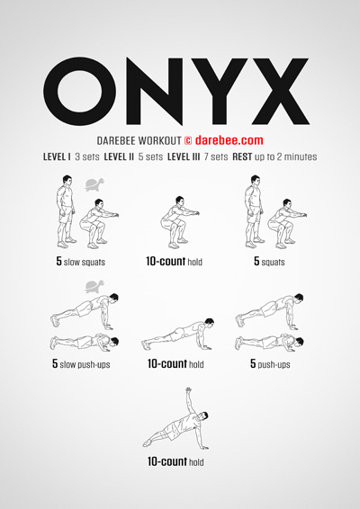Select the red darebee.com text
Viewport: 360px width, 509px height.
coord(229,140)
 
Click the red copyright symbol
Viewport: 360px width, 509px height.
coord(188,140)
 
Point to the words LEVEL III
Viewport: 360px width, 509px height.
coord(184,157)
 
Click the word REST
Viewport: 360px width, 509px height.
coord(242,157)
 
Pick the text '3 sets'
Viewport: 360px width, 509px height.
coord(87,157)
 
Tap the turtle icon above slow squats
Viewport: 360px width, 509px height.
coord(94,184)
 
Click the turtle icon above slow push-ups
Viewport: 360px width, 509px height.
coord(94,287)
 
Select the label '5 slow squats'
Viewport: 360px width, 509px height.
coord(81,262)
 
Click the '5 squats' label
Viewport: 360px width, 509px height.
coord(269,262)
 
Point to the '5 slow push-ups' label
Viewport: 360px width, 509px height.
coord(81,364)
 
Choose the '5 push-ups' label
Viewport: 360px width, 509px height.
coord(270,364)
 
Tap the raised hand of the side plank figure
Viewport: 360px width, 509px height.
coord(188,390)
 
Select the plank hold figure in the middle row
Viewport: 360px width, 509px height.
coord(177,334)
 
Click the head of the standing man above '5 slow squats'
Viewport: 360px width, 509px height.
coord(67,180)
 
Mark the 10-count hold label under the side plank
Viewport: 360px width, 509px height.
coord(175,461)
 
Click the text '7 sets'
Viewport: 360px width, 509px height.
coord(216,157)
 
